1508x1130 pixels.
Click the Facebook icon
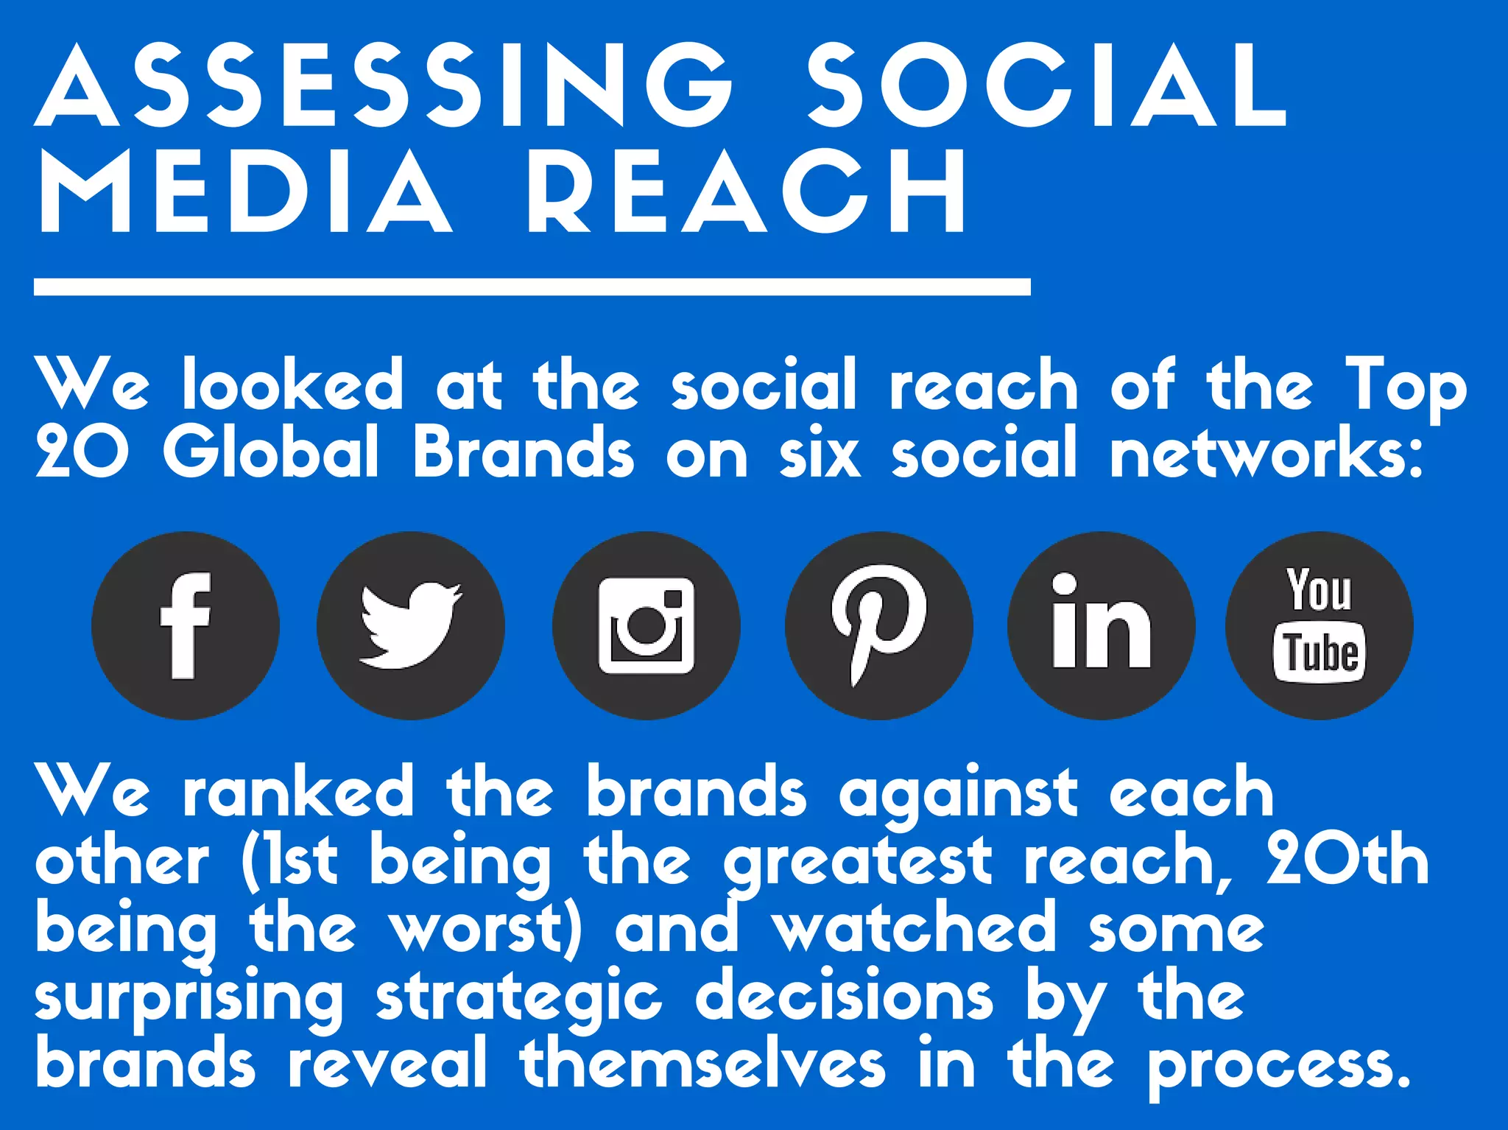click(186, 625)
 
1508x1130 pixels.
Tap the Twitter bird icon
click(411, 625)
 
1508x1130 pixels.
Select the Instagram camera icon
click(646, 625)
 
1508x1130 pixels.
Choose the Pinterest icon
click(878, 625)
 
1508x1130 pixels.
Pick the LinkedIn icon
click(1101, 625)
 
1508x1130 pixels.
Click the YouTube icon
click(1319, 625)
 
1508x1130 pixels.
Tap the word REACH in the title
click(746, 192)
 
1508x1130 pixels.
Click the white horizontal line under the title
click(532, 287)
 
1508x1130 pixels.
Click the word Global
click(270, 452)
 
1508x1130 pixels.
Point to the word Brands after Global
click(522, 452)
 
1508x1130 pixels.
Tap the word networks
click(1265, 452)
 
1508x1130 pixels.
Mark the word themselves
click(702, 1063)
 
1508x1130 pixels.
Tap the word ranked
click(298, 792)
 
